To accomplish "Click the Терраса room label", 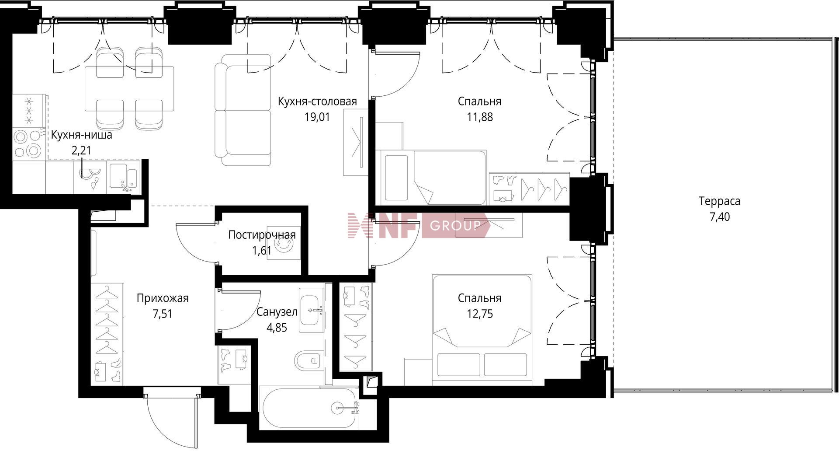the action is [719, 201].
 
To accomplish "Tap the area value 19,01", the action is [317, 117].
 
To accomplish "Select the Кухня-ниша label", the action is [81, 135].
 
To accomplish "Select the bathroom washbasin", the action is [311, 310].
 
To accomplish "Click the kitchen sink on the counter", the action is [124, 178].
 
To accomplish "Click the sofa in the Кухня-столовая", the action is [243, 110].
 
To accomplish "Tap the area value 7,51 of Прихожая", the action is [163, 314].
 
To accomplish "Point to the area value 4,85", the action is [277, 328].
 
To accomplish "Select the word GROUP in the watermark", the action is [455, 226].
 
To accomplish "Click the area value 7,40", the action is [719, 217].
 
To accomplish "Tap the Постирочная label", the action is [262, 235].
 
